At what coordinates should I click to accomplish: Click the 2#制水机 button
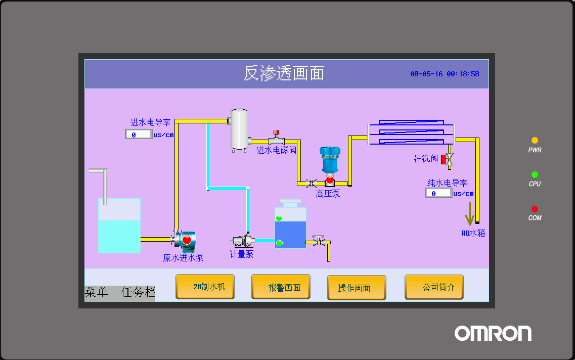(x=205, y=287)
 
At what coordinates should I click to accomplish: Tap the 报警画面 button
(x=281, y=287)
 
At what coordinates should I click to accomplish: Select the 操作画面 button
(x=357, y=288)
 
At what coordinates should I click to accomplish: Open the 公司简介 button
(x=434, y=287)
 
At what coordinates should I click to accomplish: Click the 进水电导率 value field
(x=139, y=134)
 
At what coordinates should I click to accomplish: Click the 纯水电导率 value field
(x=438, y=193)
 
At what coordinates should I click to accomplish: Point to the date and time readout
(x=445, y=74)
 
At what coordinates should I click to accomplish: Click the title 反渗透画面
(x=284, y=73)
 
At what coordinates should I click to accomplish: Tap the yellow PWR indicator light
(x=535, y=140)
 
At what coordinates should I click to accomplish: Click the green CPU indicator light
(x=535, y=174)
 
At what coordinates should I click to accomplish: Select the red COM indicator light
(x=535, y=209)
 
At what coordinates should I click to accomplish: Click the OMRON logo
(x=493, y=333)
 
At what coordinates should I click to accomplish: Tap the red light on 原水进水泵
(x=187, y=240)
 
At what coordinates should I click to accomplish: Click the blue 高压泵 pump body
(x=330, y=159)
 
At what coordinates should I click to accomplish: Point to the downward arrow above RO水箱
(x=470, y=214)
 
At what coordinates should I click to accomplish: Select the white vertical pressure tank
(x=240, y=130)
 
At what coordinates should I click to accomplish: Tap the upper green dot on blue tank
(x=279, y=218)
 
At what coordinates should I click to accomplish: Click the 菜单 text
(x=97, y=292)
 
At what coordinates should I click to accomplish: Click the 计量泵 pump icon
(x=243, y=241)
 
